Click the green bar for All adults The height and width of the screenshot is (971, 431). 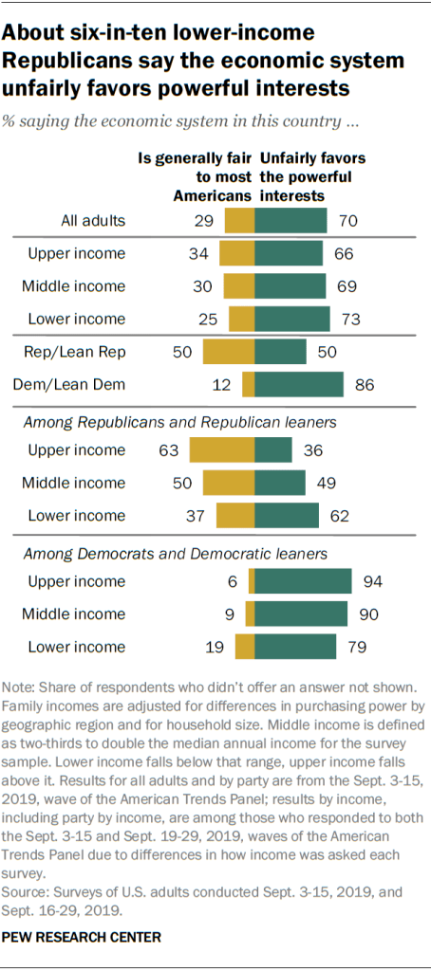pos(290,222)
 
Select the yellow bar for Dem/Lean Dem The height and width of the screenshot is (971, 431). pos(249,384)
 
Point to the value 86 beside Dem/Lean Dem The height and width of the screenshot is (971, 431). pos(365,384)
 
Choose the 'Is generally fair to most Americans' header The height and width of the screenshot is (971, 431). pos(196,177)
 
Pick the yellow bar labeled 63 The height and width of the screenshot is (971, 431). pos(222,449)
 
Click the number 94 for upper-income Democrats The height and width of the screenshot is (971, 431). pos(372,581)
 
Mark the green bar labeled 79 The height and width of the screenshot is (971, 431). pos(296,647)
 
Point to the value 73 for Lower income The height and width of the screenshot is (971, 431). pos(351,320)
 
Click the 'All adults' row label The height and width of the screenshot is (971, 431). pos(91,222)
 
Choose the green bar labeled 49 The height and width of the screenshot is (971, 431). pos(281,483)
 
